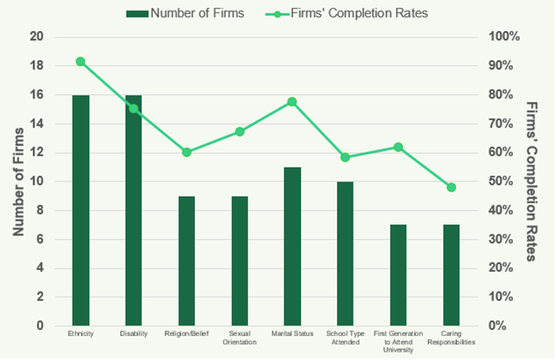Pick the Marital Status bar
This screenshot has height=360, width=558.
[292, 246]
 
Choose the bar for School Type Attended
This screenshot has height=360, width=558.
[345, 253]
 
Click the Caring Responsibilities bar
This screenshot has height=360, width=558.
[451, 275]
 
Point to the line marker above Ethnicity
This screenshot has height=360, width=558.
[81, 62]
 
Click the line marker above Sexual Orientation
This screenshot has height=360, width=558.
[239, 132]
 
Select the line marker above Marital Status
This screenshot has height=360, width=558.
[292, 102]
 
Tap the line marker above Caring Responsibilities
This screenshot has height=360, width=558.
[451, 187]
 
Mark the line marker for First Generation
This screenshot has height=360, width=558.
[398, 147]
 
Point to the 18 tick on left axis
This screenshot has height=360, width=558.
[36, 66]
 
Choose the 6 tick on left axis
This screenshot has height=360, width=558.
[39, 239]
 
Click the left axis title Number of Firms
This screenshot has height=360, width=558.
[18, 182]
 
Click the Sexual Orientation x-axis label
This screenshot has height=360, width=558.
[239, 337]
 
